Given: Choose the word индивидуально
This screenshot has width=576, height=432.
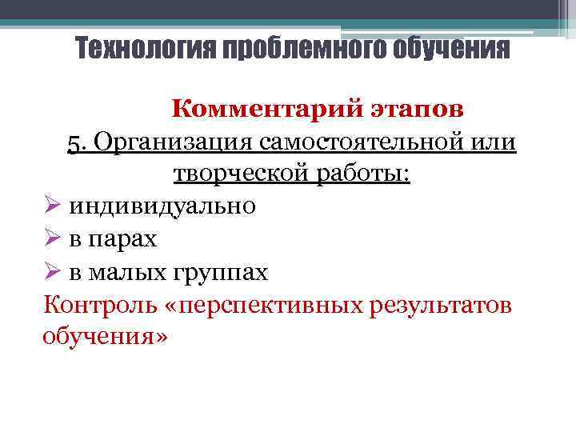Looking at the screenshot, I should pyautogui.click(x=162, y=206).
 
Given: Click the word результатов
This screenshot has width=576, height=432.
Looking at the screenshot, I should pyautogui.click(x=442, y=305).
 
